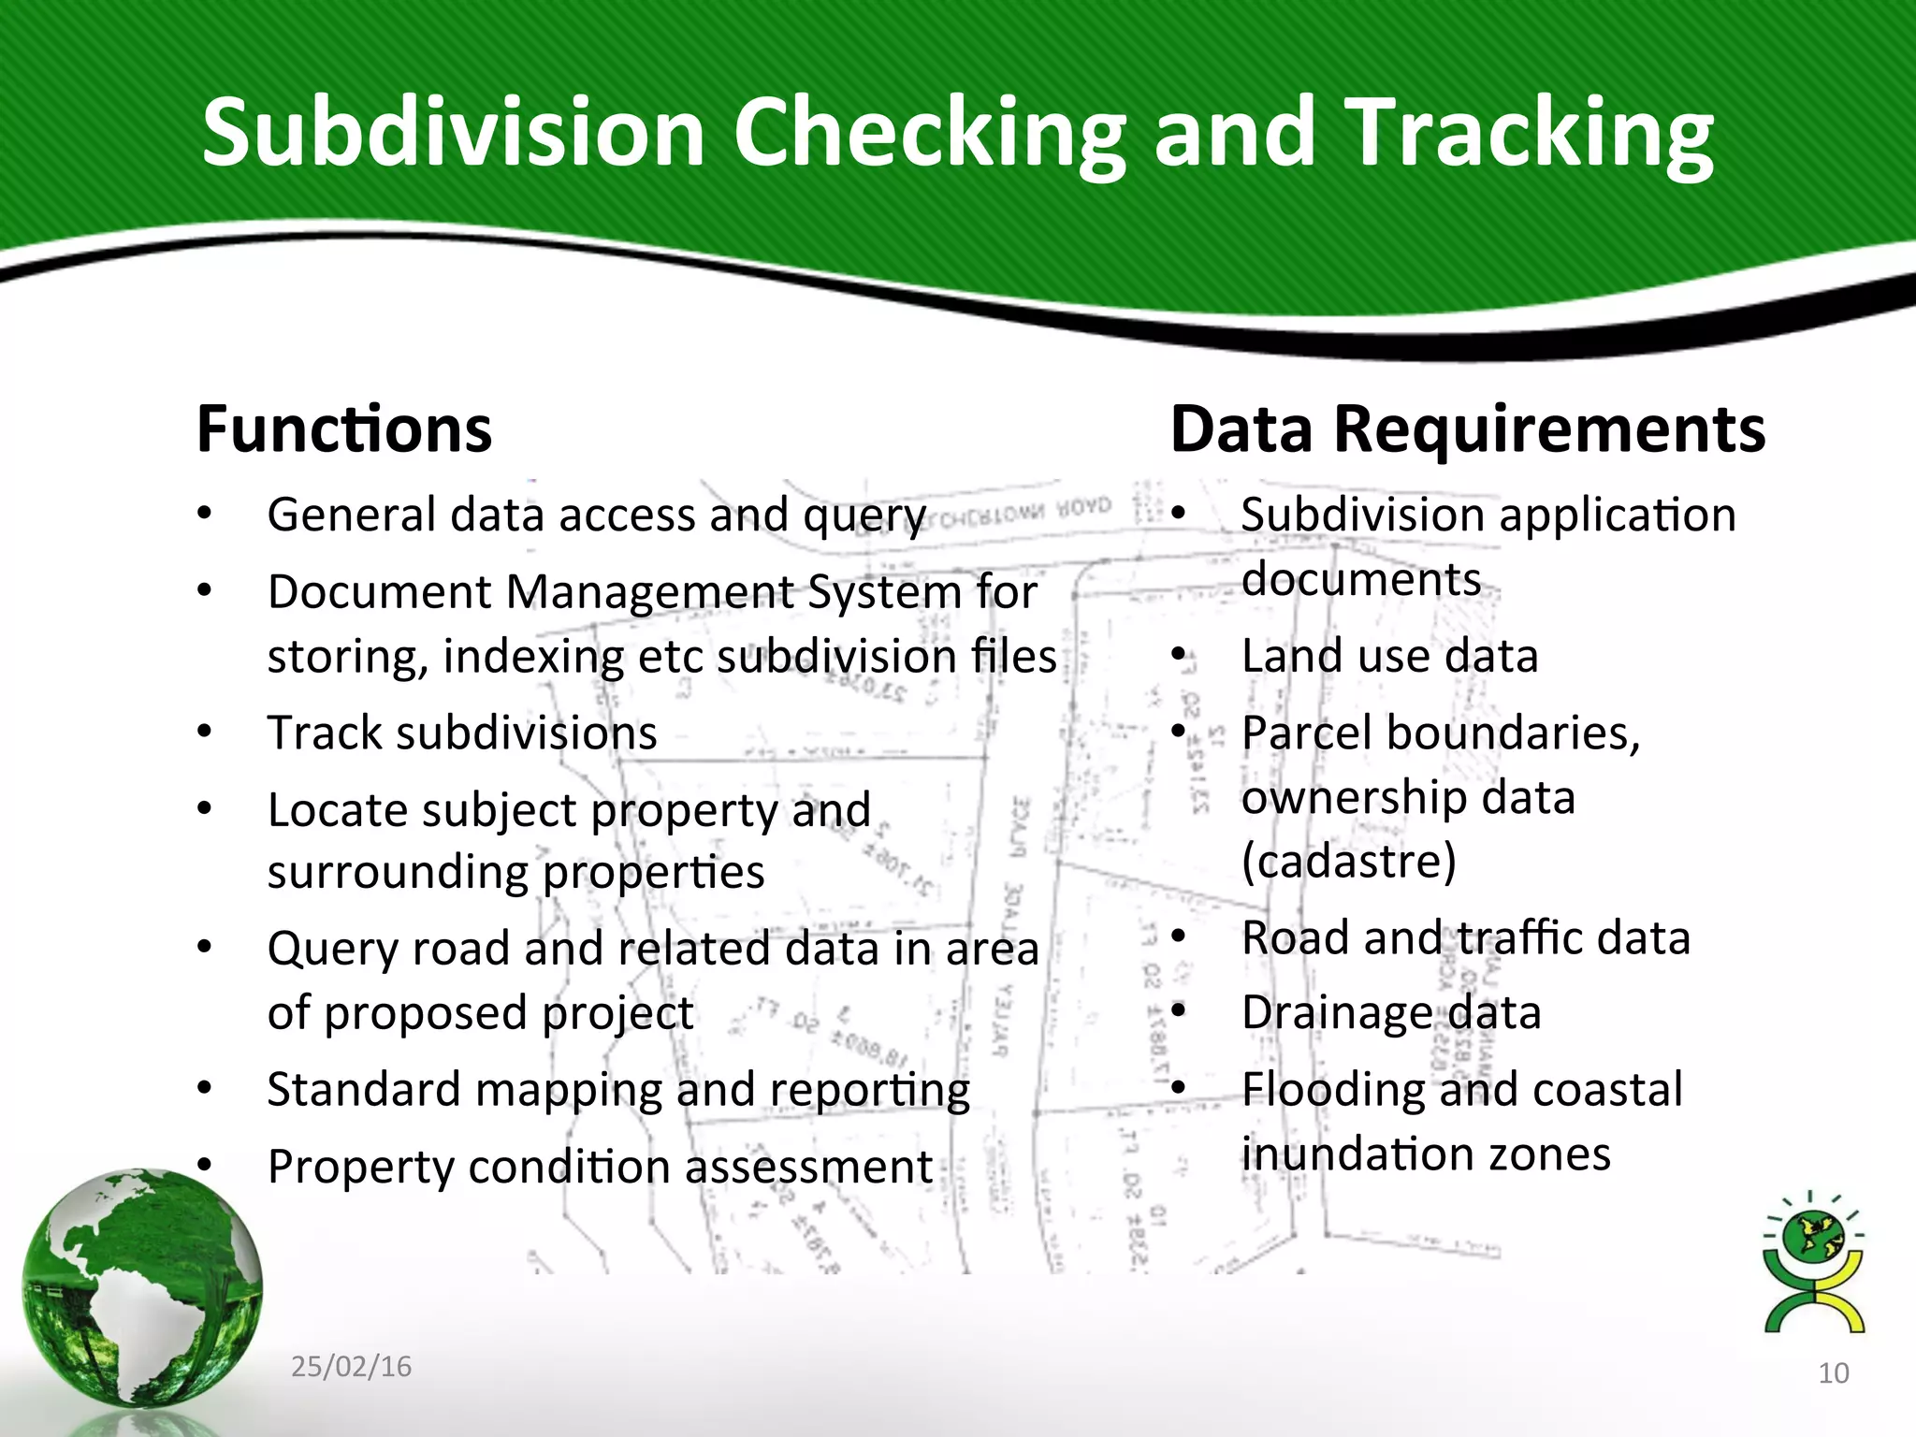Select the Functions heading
pyautogui.click(x=344, y=429)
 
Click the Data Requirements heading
pyautogui.click(x=1467, y=429)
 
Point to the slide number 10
pyautogui.click(x=1833, y=1373)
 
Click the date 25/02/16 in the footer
pyautogui.click(x=351, y=1367)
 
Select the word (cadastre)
pyautogui.click(x=1348, y=861)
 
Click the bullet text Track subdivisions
pyautogui.click(x=462, y=733)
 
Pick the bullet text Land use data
pyautogui.click(x=1389, y=656)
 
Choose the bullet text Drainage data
pyautogui.click(x=1391, y=1013)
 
